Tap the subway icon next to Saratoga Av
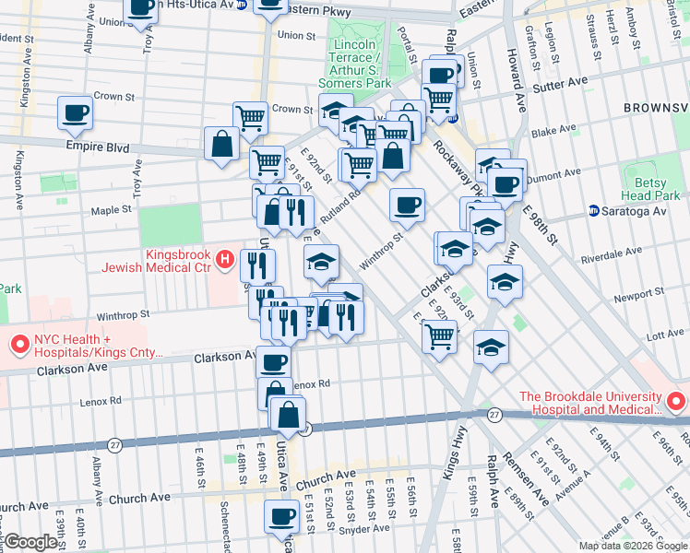[x=596, y=211]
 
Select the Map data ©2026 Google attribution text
[x=632, y=546]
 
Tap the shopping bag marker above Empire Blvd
[x=222, y=144]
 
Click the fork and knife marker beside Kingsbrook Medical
[x=257, y=266]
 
